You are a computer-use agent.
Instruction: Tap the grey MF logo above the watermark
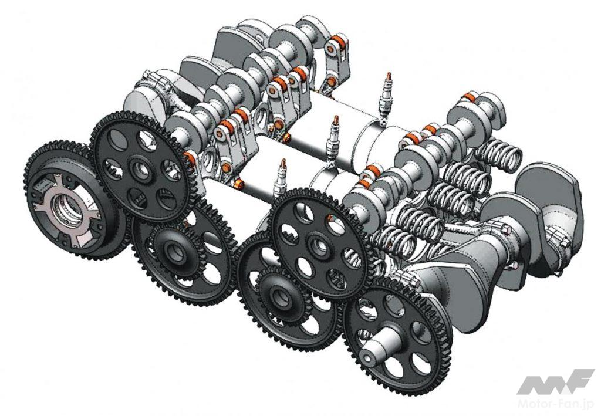[x=555, y=382]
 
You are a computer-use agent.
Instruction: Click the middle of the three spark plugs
[x=333, y=138]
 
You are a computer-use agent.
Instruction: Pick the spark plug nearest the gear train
[x=281, y=180]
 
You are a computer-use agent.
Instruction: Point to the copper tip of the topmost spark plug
[x=389, y=76]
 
